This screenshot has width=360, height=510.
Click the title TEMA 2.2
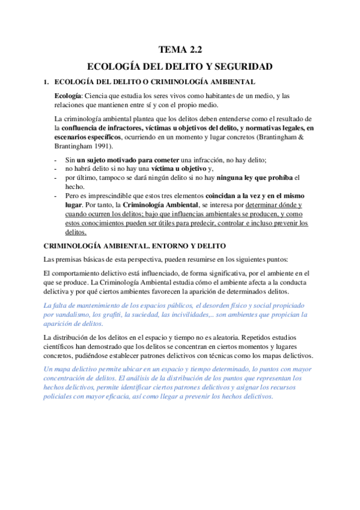point(180,51)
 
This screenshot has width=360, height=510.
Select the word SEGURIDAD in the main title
point(245,66)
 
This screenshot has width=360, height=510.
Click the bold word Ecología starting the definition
point(67,96)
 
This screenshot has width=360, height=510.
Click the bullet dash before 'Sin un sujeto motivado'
point(55,160)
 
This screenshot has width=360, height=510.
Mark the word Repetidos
point(277,338)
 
